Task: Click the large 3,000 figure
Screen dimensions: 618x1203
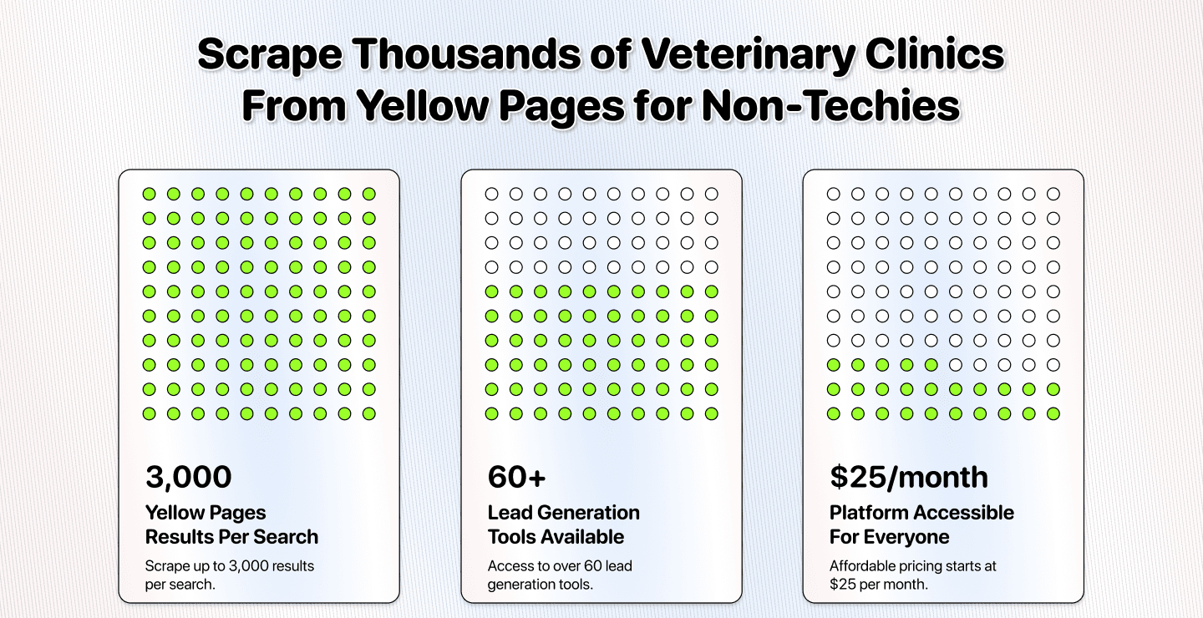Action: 188,477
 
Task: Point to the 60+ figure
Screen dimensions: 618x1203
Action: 516,477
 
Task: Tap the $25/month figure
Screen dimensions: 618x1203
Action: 909,477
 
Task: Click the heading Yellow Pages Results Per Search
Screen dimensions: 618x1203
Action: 231,524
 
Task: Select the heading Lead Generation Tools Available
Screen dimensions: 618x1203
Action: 564,524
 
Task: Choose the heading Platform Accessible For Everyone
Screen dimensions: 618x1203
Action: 921,524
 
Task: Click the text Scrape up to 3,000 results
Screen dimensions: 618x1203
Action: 230,566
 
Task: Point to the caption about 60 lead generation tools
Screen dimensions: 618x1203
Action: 560,575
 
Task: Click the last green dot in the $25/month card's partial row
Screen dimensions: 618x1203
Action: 931,365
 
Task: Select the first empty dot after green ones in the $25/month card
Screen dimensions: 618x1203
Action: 956,365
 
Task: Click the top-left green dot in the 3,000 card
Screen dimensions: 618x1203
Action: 149,195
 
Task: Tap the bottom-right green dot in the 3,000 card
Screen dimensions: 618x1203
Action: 368,413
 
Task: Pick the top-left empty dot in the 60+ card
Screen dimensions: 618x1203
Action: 491,195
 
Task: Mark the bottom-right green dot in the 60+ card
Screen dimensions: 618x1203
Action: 711,413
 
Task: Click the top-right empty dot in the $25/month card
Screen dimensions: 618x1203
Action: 1053,195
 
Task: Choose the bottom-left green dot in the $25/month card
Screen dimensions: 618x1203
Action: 834,413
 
